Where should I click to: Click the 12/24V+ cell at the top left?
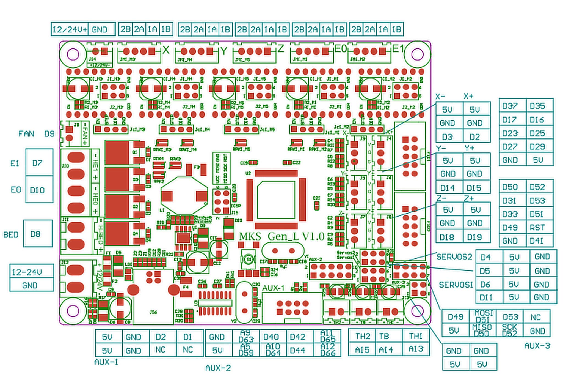click(70, 29)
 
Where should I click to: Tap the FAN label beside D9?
click(26, 134)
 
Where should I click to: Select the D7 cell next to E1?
click(38, 163)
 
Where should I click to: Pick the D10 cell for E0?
click(37, 190)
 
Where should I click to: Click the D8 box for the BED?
click(35, 234)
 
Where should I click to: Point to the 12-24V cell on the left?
click(27, 272)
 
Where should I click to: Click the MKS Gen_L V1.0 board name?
click(281, 236)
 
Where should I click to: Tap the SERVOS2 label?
click(454, 257)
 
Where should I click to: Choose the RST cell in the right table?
click(537, 228)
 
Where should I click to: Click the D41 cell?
click(537, 241)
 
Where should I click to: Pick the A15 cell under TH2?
click(362, 349)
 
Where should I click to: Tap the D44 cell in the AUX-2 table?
click(298, 350)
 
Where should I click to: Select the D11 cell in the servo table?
click(486, 297)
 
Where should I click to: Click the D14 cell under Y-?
click(447, 188)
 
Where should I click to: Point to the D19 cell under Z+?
click(474, 237)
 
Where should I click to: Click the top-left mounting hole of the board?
click(73, 54)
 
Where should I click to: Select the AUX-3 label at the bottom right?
click(537, 346)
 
